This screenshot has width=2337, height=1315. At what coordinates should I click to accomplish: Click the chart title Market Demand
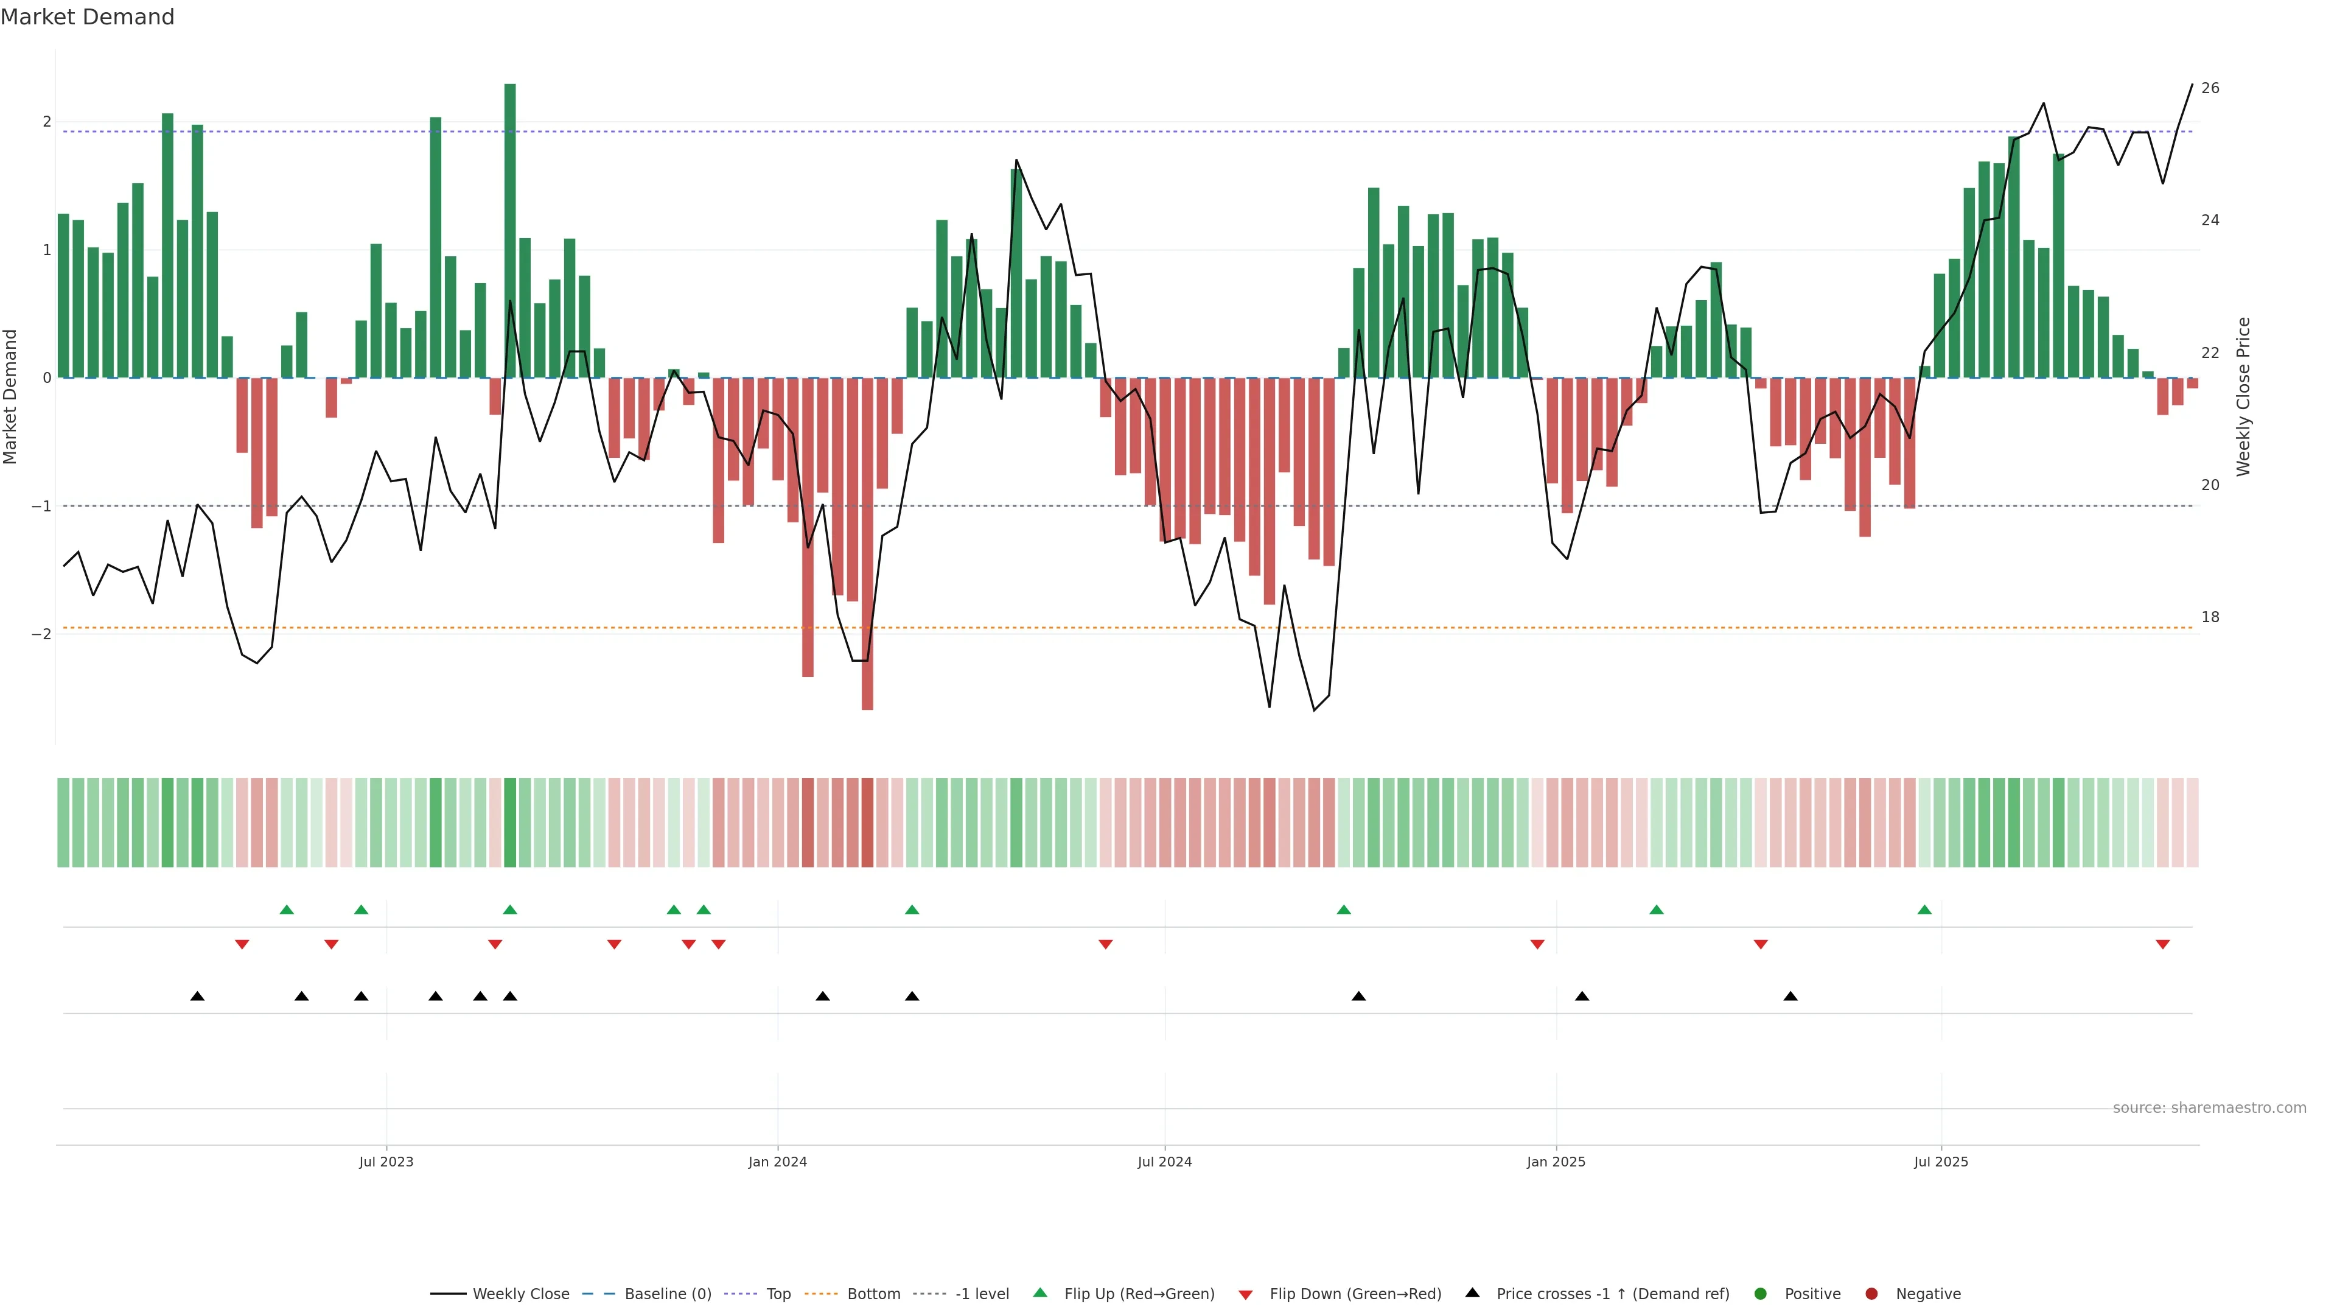87,17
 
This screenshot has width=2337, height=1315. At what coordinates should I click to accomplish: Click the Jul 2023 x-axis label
386,1162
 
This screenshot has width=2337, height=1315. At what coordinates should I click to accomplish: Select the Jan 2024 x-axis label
778,1162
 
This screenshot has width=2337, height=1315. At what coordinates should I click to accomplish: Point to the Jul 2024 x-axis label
1165,1162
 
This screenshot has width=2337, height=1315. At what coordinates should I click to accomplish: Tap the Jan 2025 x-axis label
1556,1162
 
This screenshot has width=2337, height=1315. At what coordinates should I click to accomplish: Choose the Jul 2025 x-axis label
1941,1162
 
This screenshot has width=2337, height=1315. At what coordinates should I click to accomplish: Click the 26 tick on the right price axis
2210,88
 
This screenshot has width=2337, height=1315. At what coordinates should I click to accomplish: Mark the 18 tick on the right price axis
2210,617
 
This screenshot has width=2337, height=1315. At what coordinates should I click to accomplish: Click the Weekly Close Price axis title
2243,396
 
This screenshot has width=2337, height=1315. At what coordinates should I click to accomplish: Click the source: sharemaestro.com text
2209,1108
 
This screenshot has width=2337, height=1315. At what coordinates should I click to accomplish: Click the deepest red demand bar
867,544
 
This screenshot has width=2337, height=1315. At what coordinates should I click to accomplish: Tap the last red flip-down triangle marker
2163,945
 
